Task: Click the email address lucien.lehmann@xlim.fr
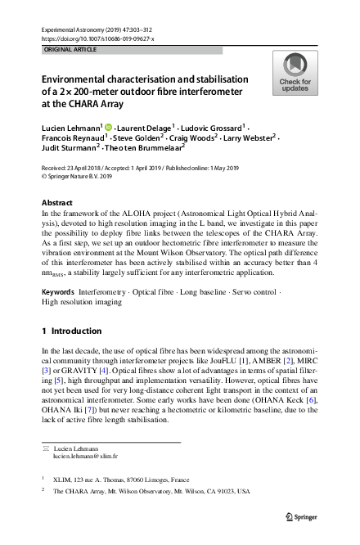click(x=85, y=457)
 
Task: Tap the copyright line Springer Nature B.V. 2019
click(x=79, y=175)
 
